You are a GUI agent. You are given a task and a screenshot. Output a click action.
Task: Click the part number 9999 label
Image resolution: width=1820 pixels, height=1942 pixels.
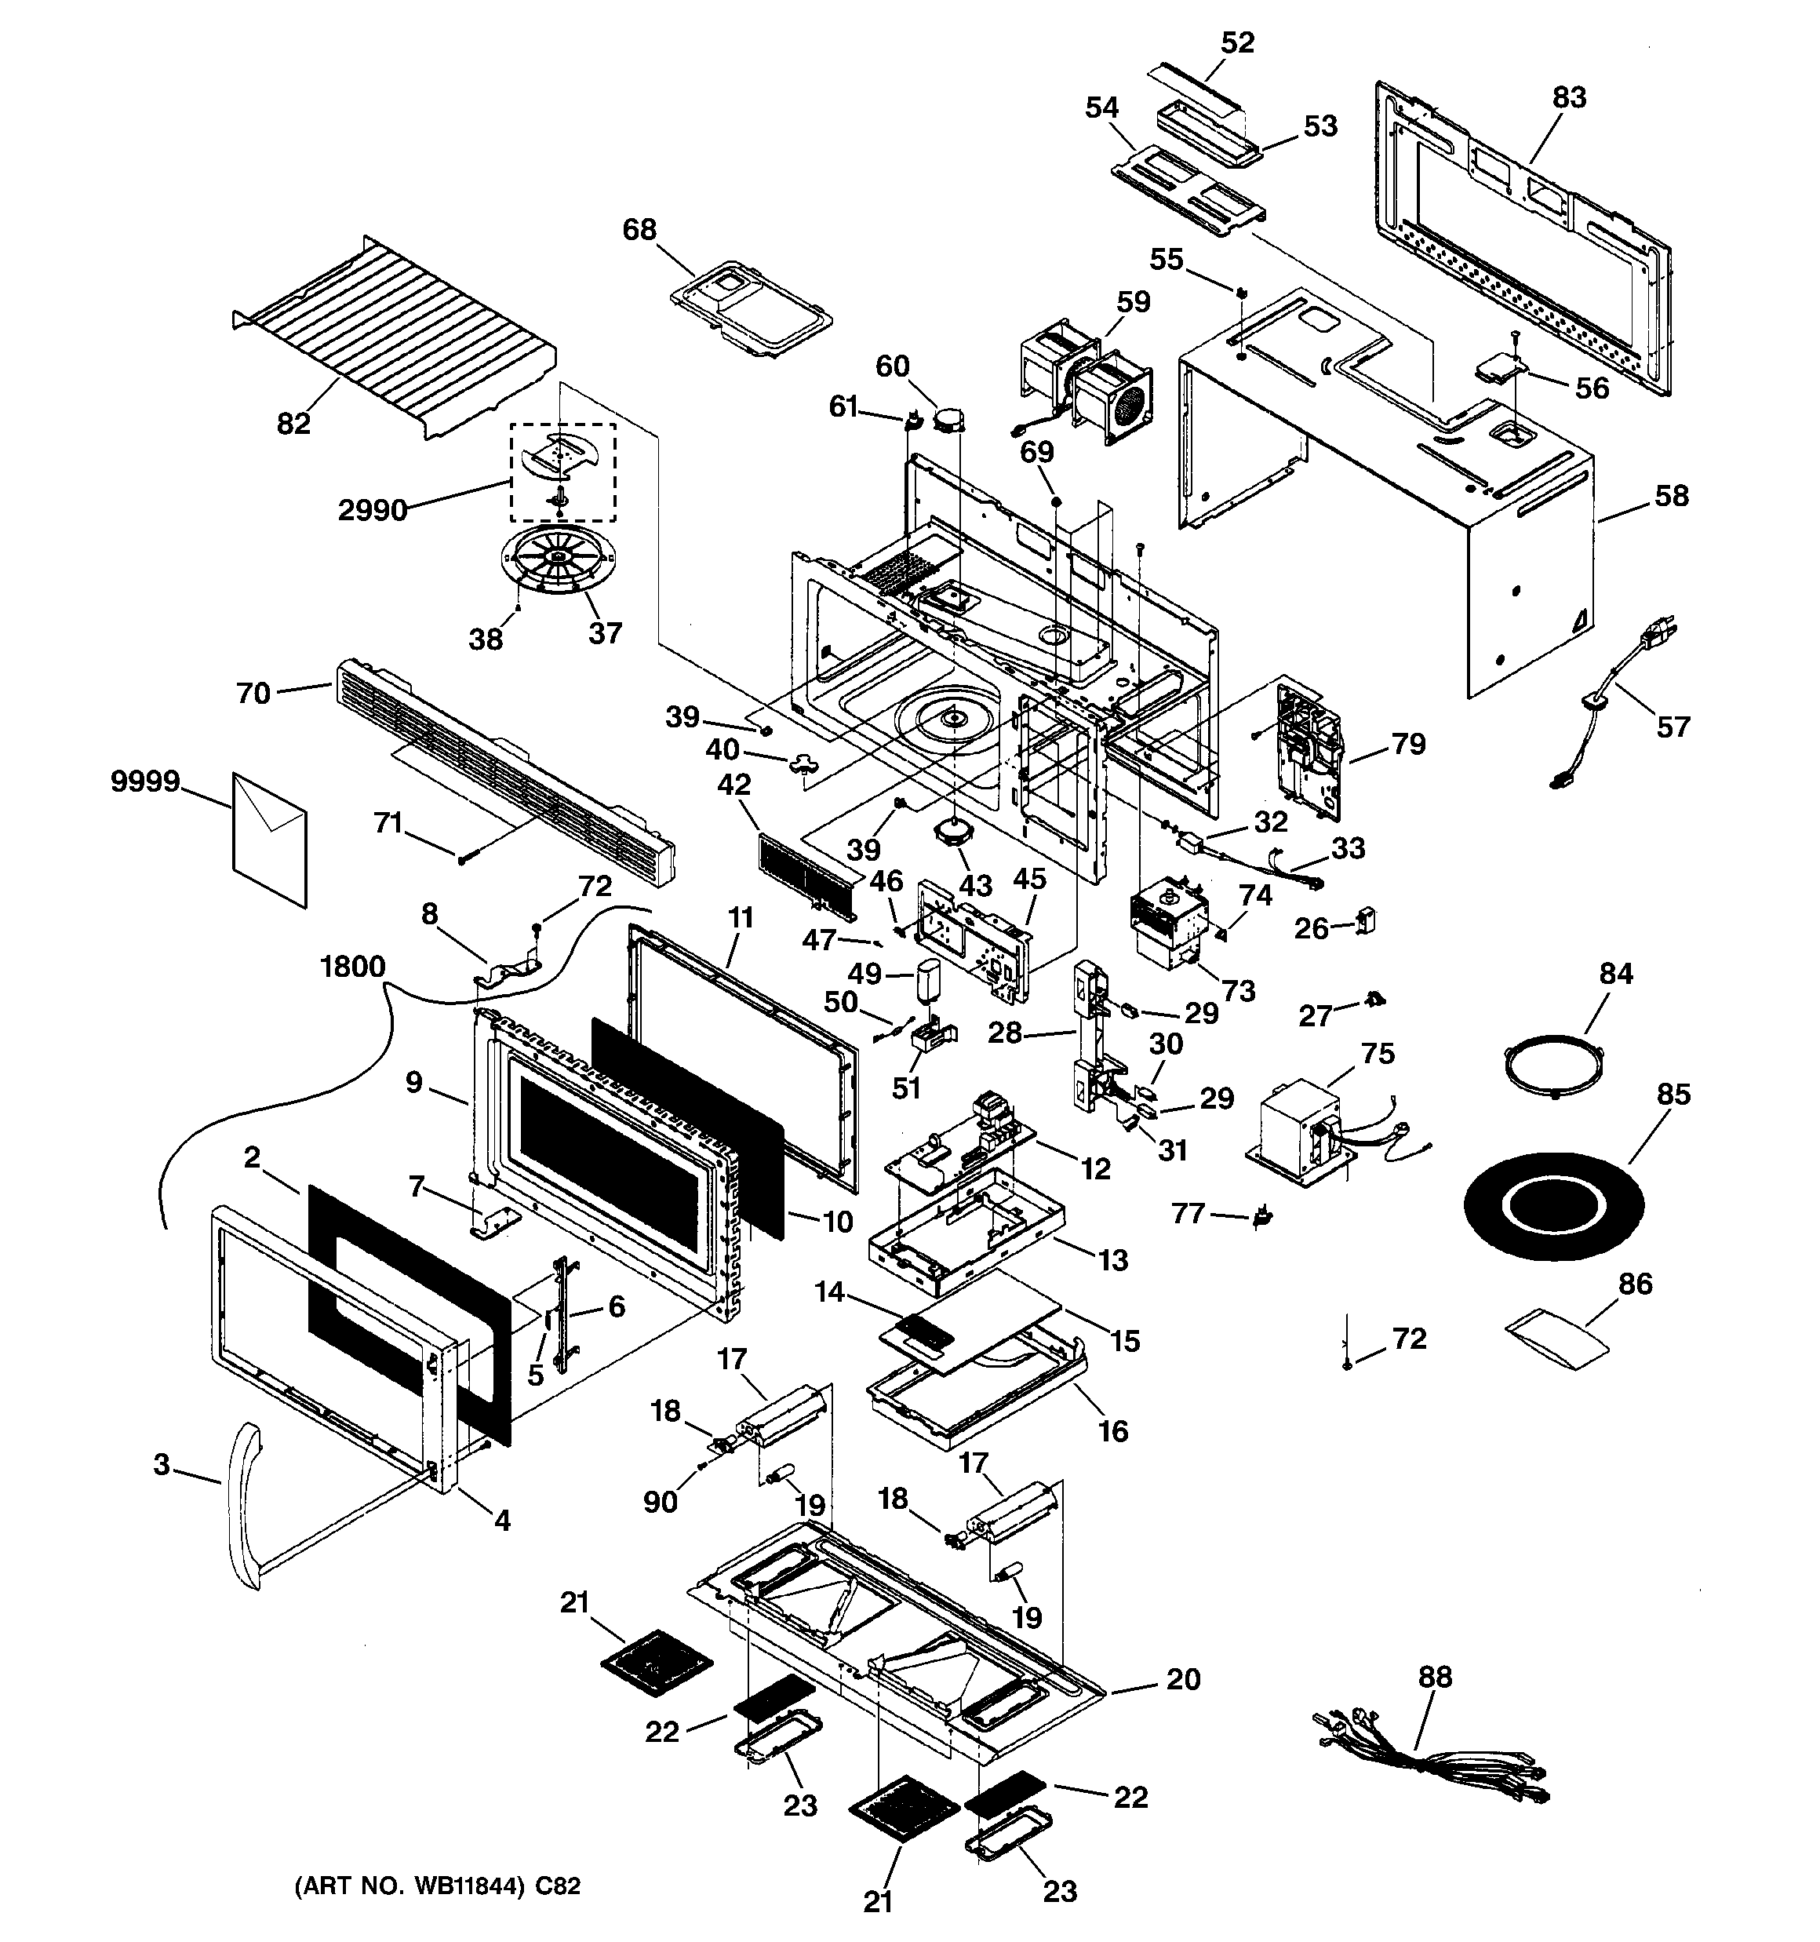point(144,782)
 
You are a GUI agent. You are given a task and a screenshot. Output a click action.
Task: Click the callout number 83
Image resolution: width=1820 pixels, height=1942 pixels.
point(1568,97)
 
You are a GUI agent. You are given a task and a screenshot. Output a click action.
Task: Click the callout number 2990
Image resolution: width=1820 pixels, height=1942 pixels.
point(372,510)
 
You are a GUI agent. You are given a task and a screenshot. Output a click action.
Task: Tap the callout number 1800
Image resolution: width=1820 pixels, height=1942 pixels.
point(353,967)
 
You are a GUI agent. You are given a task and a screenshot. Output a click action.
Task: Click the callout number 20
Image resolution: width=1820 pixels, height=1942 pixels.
point(1183,1679)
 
